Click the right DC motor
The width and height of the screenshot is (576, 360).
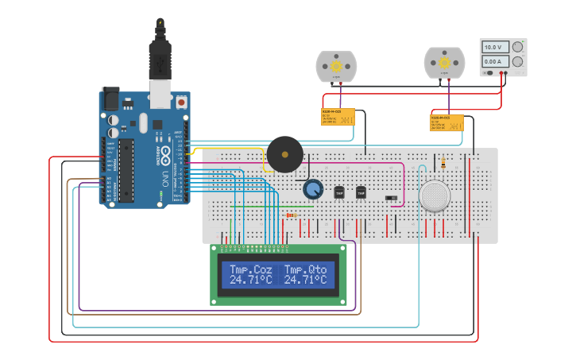[444, 62]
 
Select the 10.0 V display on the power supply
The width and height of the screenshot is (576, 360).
[493, 48]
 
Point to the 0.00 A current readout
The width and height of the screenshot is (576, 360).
[493, 61]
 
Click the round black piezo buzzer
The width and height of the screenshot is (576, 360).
[284, 154]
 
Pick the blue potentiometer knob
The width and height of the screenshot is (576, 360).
[314, 189]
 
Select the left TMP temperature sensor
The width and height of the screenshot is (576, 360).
[339, 192]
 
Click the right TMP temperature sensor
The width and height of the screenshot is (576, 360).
[361, 192]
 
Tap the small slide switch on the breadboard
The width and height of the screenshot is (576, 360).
[390, 198]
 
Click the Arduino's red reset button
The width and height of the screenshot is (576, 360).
[181, 102]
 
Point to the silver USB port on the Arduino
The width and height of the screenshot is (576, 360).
[160, 94]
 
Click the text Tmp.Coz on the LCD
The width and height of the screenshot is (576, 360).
[250, 269]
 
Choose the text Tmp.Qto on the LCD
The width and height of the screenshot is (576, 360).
[305, 269]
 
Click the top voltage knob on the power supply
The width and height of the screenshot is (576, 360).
[517, 48]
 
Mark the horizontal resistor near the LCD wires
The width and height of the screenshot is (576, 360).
[292, 215]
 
